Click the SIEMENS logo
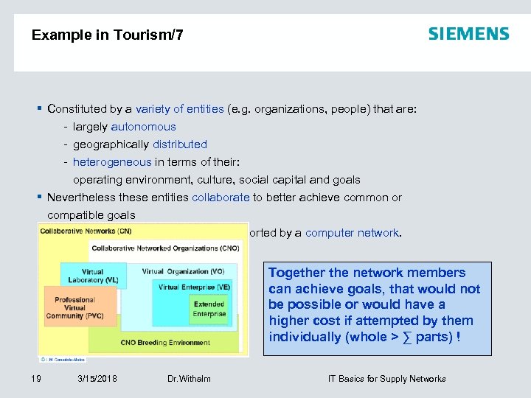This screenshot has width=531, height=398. pyautogui.click(x=468, y=34)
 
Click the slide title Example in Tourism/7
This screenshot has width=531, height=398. pyautogui.click(x=108, y=35)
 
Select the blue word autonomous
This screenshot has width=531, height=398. pyautogui.click(x=144, y=127)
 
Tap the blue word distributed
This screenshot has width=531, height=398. pyautogui.click(x=180, y=144)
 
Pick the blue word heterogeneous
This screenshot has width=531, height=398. pyautogui.click(x=112, y=162)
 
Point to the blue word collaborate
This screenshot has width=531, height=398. pyautogui.click(x=221, y=198)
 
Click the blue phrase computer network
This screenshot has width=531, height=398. pyautogui.click(x=352, y=233)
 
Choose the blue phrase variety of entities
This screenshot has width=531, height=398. pyautogui.click(x=180, y=109)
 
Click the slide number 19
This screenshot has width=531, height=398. pyautogui.click(x=35, y=379)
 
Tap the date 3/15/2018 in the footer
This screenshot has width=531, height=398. pyautogui.click(x=97, y=379)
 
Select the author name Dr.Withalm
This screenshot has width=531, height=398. pyautogui.click(x=189, y=379)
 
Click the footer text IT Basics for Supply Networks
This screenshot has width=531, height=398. pyautogui.click(x=386, y=379)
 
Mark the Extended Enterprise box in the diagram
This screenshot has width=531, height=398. pyautogui.click(x=209, y=309)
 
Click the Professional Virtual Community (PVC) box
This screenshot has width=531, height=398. pyautogui.click(x=75, y=308)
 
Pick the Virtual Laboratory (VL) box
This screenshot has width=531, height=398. pyautogui.click(x=93, y=276)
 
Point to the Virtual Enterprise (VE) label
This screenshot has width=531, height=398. pyautogui.click(x=194, y=287)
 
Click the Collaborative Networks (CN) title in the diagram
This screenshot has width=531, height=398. pyautogui.click(x=86, y=231)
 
